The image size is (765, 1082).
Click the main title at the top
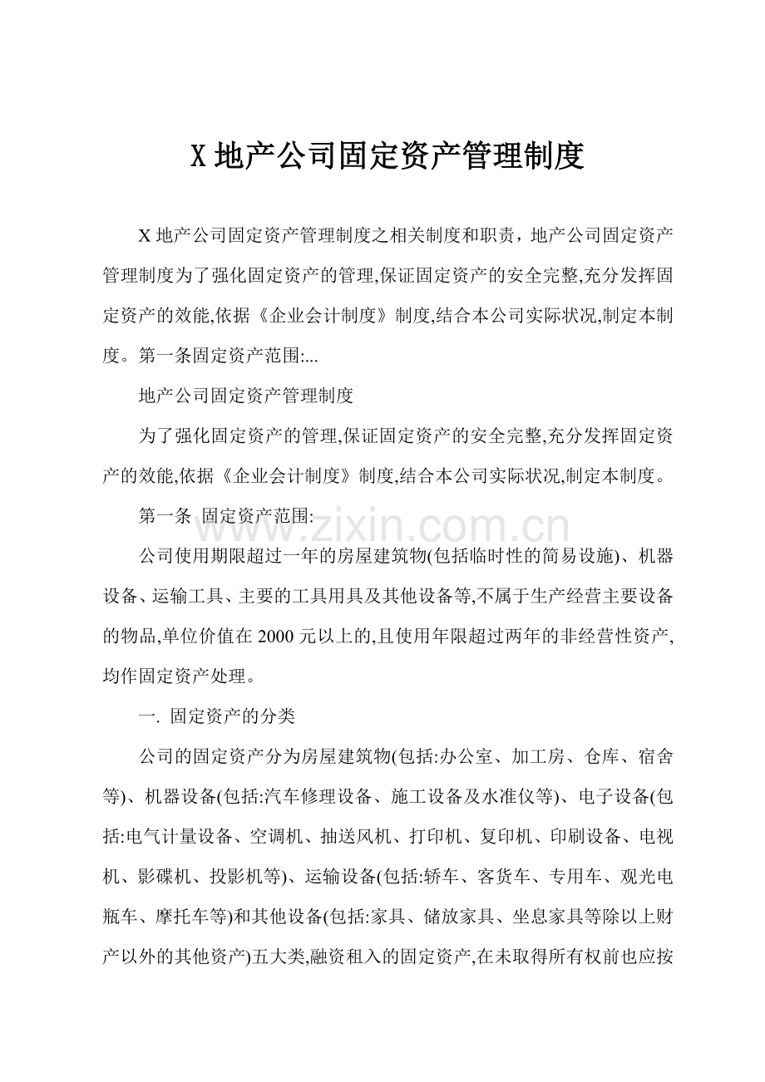387,155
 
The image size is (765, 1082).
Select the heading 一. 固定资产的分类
215,716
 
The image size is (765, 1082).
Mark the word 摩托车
183,914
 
